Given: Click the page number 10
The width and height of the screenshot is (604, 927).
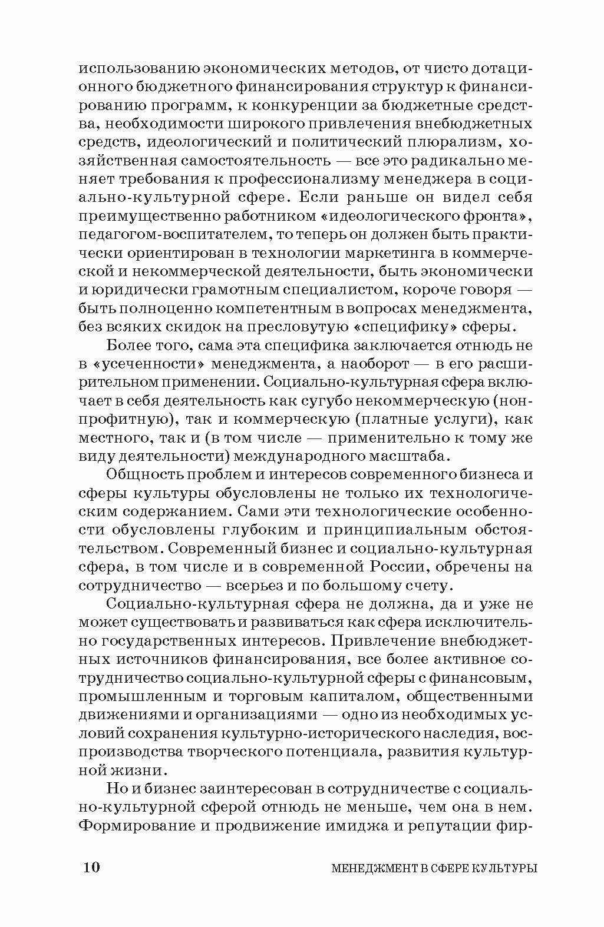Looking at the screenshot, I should pyautogui.click(x=92, y=867).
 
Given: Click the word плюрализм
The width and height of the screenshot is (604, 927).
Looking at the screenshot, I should pyautogui.click(x=445, y=142).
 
